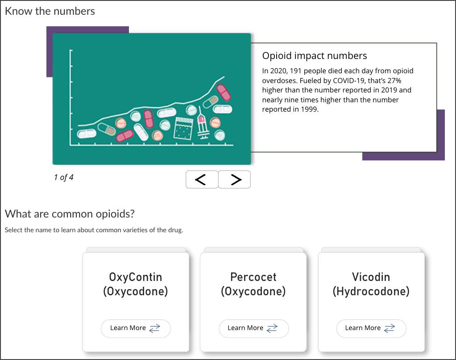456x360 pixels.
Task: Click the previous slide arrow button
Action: click(x=202, y=179)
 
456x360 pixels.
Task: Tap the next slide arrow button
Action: click(x=234, y=179)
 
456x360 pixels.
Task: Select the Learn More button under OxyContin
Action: click(x=136, y=328)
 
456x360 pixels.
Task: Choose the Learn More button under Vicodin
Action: click(x=371, y=328)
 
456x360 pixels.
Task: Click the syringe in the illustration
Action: click(x=203, y=123)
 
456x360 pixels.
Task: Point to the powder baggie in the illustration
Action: click(x=183, y=128)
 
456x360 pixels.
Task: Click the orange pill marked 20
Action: click(x=158, y=135)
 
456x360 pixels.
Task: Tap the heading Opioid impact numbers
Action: click(x=315, y=55)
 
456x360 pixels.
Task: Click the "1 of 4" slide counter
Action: click(x=64, y=177)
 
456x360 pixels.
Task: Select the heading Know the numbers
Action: click(x=50, y=11)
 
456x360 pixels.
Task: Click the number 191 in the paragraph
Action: click(x=296, y=71)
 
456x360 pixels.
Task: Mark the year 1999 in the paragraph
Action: click(x=310, y=109)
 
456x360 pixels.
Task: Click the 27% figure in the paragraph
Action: click(x=394, y=80)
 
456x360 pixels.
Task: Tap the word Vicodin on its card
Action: click(x=371, y=277)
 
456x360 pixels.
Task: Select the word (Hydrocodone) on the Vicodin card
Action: click(x=371, y=291)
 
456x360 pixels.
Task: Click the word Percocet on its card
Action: click(x=253, y=277)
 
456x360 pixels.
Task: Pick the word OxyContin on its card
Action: click(x=136, y=277)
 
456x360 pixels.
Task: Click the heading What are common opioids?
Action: click(x=70, y=214)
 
